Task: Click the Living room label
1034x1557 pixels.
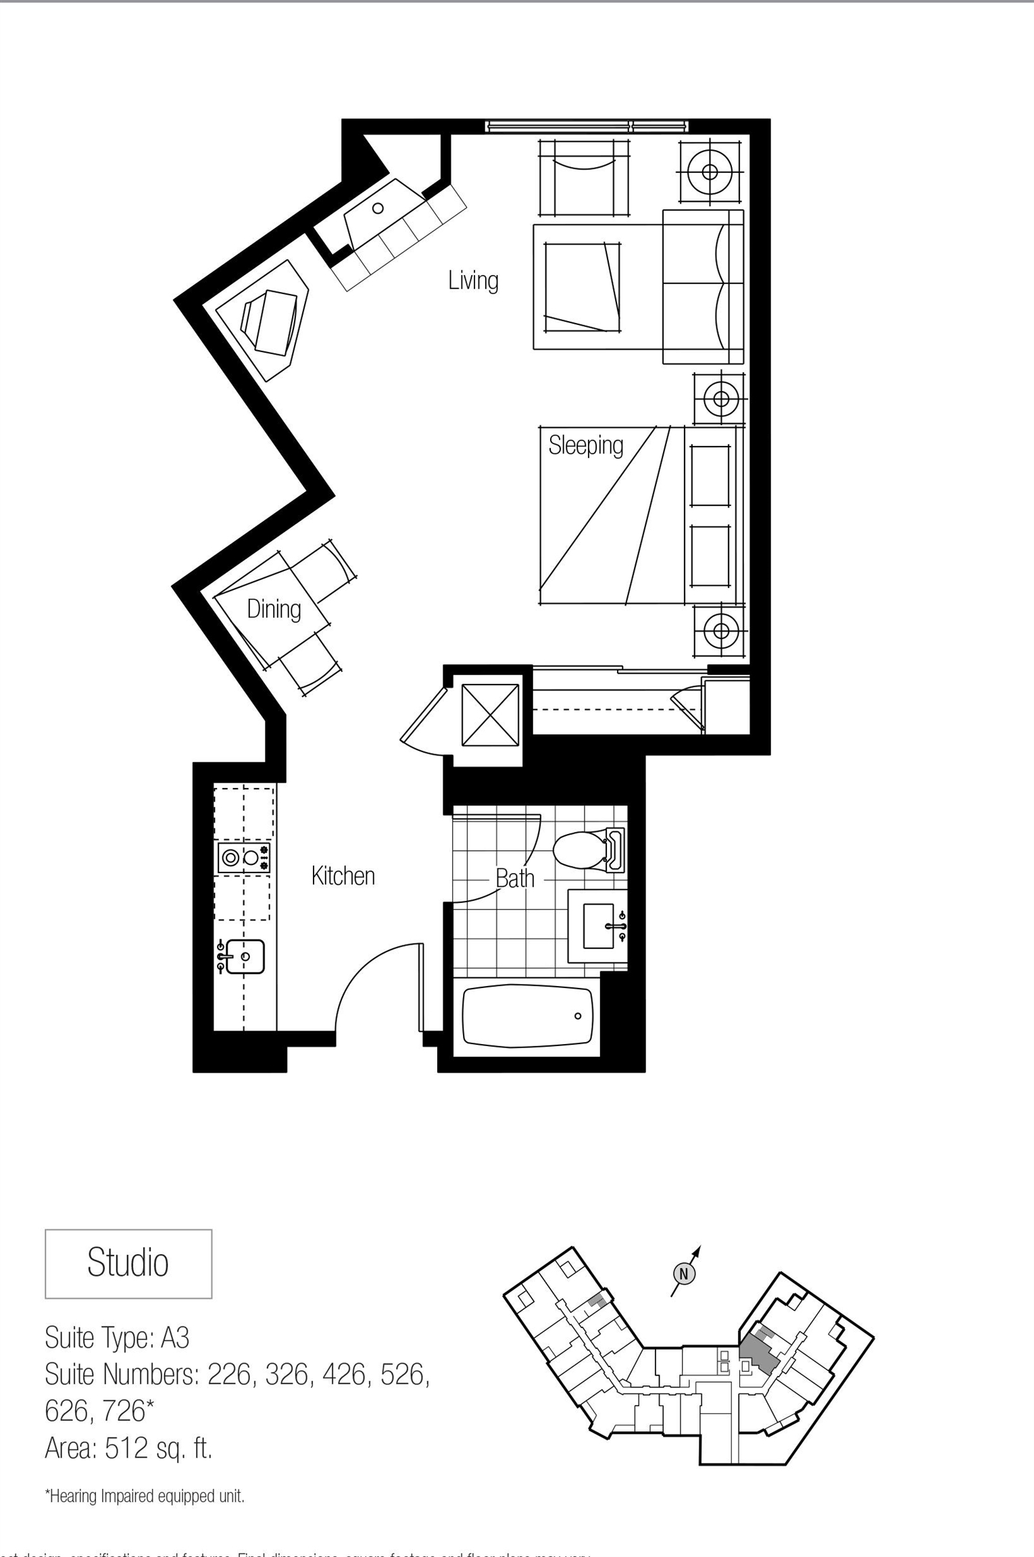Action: coord(473,280)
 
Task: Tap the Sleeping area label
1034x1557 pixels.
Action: coord(585,445)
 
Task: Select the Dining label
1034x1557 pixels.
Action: coord(274,609)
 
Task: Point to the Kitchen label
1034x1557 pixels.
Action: coord(343,876)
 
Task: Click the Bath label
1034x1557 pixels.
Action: coord(515,879)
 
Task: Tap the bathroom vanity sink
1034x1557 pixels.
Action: coord(598,926)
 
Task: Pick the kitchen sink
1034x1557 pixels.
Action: coord(244,957)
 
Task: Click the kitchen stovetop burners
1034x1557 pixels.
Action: coord(243,858)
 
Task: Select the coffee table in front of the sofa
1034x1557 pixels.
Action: coord(583,287)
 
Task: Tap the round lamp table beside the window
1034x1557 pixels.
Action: coord(710,171)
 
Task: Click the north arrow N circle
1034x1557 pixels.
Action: coord(684,1274)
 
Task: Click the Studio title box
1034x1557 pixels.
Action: coord(128,1263)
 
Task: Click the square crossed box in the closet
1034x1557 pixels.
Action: coord(490,716)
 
